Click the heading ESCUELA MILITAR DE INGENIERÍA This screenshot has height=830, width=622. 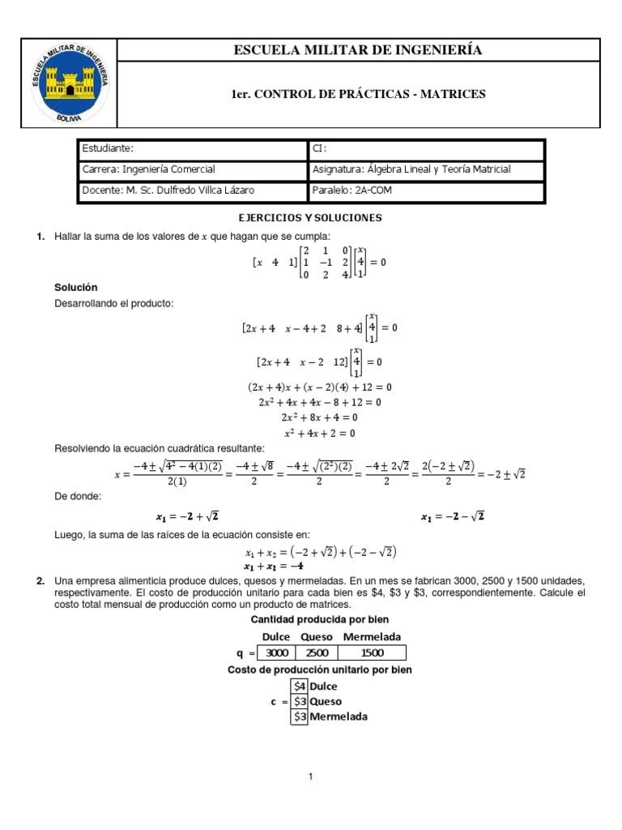click(358, 50)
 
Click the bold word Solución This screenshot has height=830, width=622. click(76, 288)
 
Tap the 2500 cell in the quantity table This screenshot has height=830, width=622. click(317, 652)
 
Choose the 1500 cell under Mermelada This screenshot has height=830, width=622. click(371, 652)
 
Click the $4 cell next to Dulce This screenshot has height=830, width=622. click(300, 686)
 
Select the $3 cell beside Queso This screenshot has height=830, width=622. click(300, 701)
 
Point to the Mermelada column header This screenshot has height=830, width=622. click(372, 636)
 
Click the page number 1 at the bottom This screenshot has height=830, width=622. click(310, 777)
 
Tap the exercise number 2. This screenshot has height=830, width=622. click(40, 581)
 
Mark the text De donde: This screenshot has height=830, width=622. click(78, 496)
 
